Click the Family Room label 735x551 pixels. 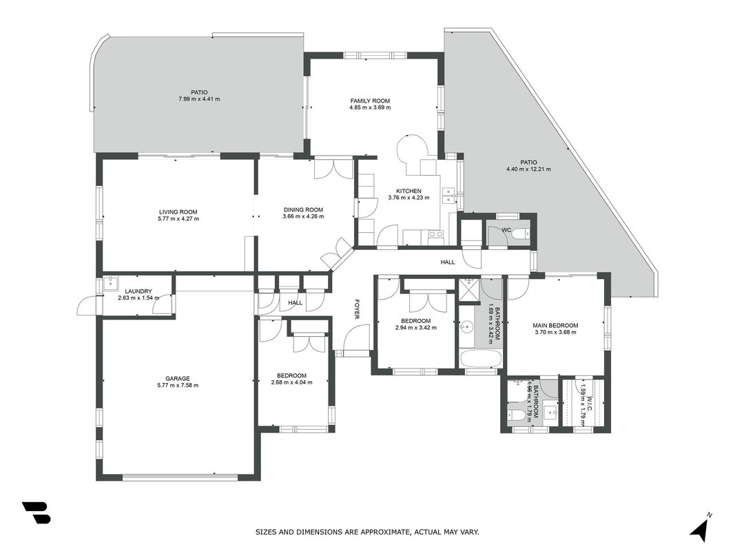coord(370,101)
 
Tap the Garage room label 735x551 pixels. coord(178,379)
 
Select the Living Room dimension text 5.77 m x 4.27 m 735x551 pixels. coord(178,218)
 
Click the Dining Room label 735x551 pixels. coord(303,210)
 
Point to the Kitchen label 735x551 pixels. coord(408,191)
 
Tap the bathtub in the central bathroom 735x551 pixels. coord(481,360)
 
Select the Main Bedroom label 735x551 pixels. coord(555,326)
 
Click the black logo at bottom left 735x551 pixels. coord(36,512)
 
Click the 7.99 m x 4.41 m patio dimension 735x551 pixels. coord(199,99)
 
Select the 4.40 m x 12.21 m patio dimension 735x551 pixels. coord(528,169)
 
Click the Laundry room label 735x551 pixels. coord(138,291)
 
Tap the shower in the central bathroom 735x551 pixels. coord(467,290)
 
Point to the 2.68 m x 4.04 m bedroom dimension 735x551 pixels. coord(291,382)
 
